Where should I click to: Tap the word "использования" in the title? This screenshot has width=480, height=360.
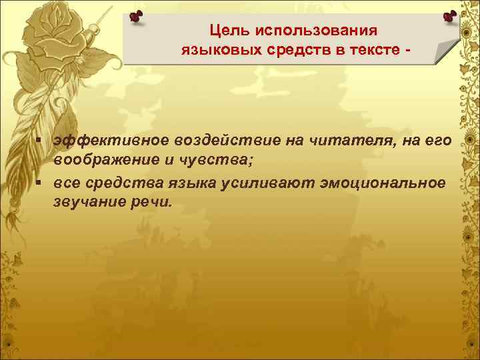point(315,31)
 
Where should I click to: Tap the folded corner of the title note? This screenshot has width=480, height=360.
point(446,53)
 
